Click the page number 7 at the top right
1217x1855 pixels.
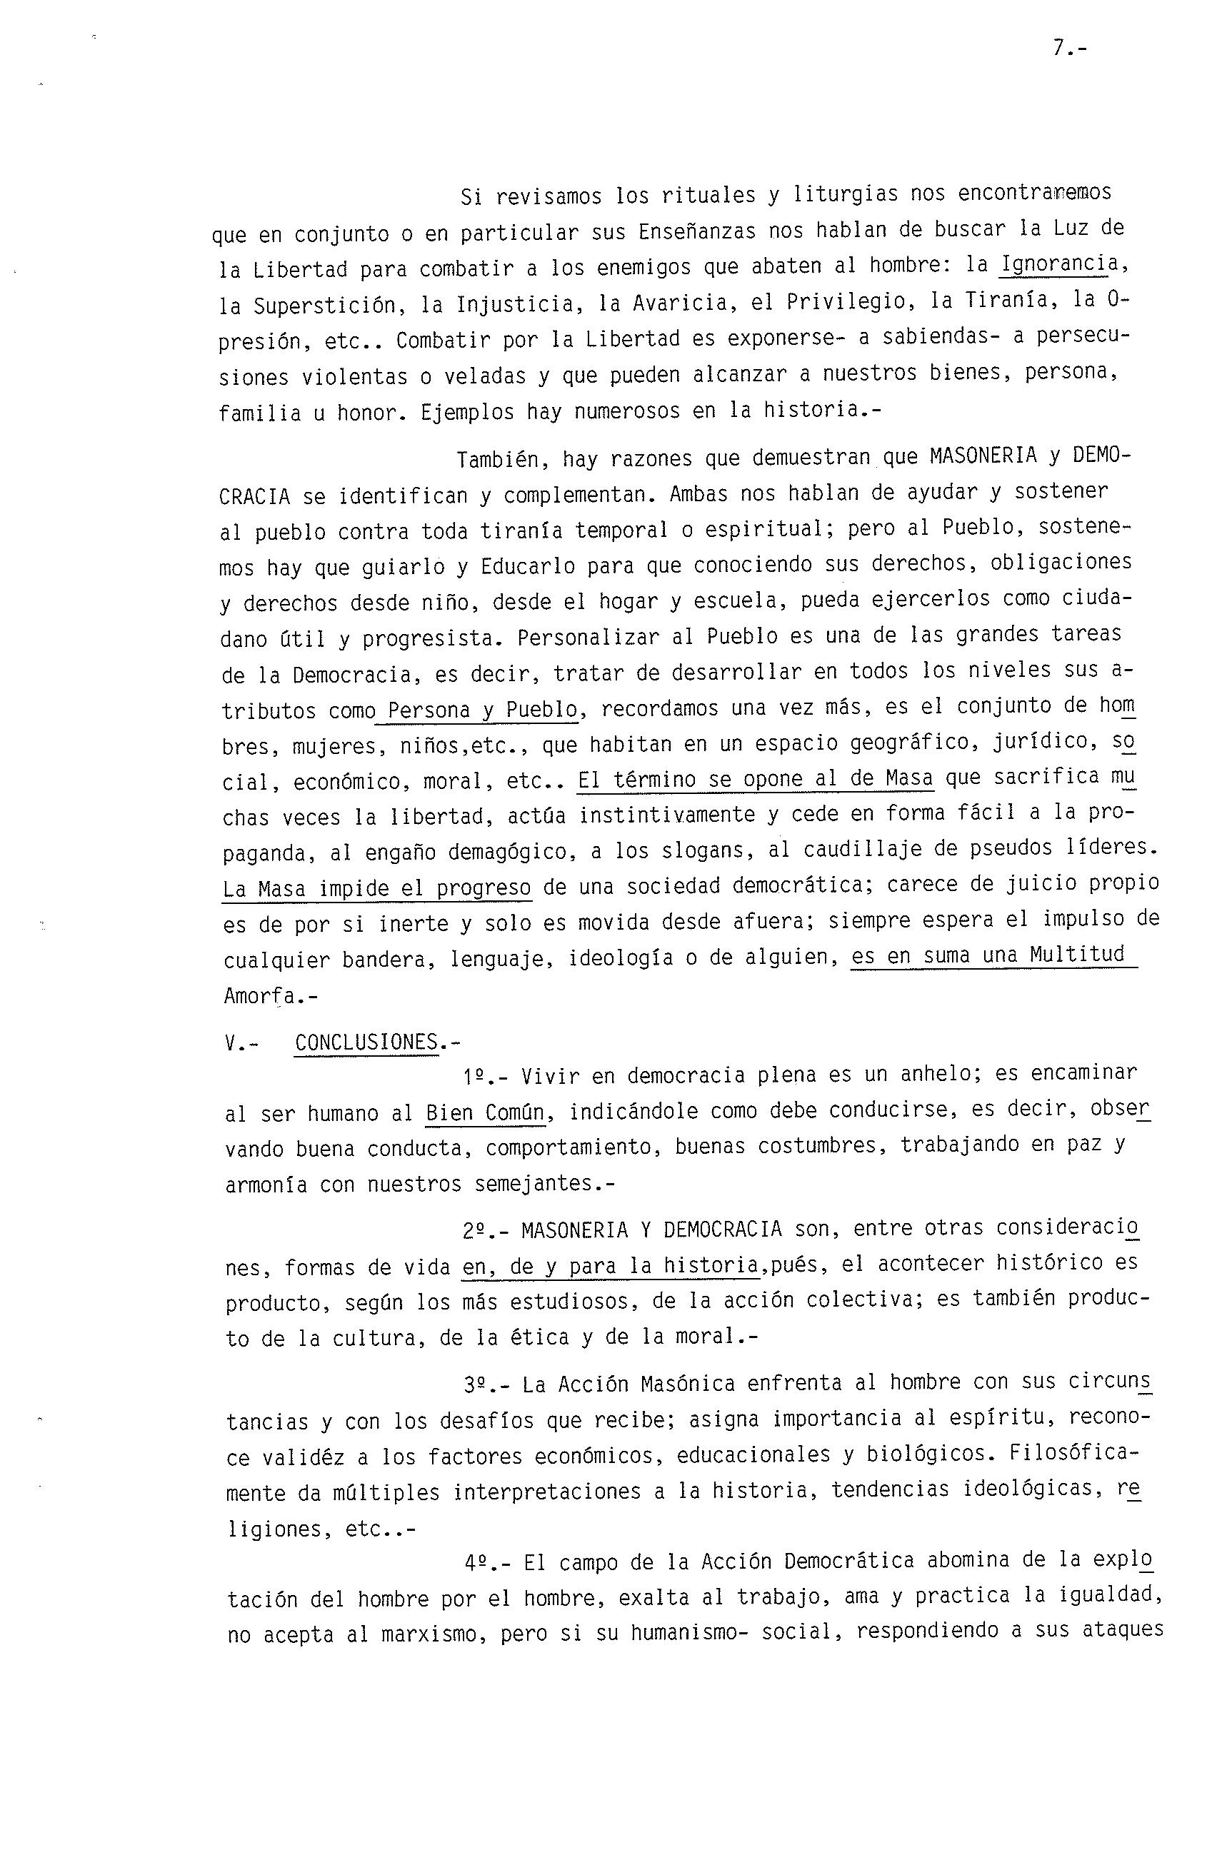[x=1058, y=49]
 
